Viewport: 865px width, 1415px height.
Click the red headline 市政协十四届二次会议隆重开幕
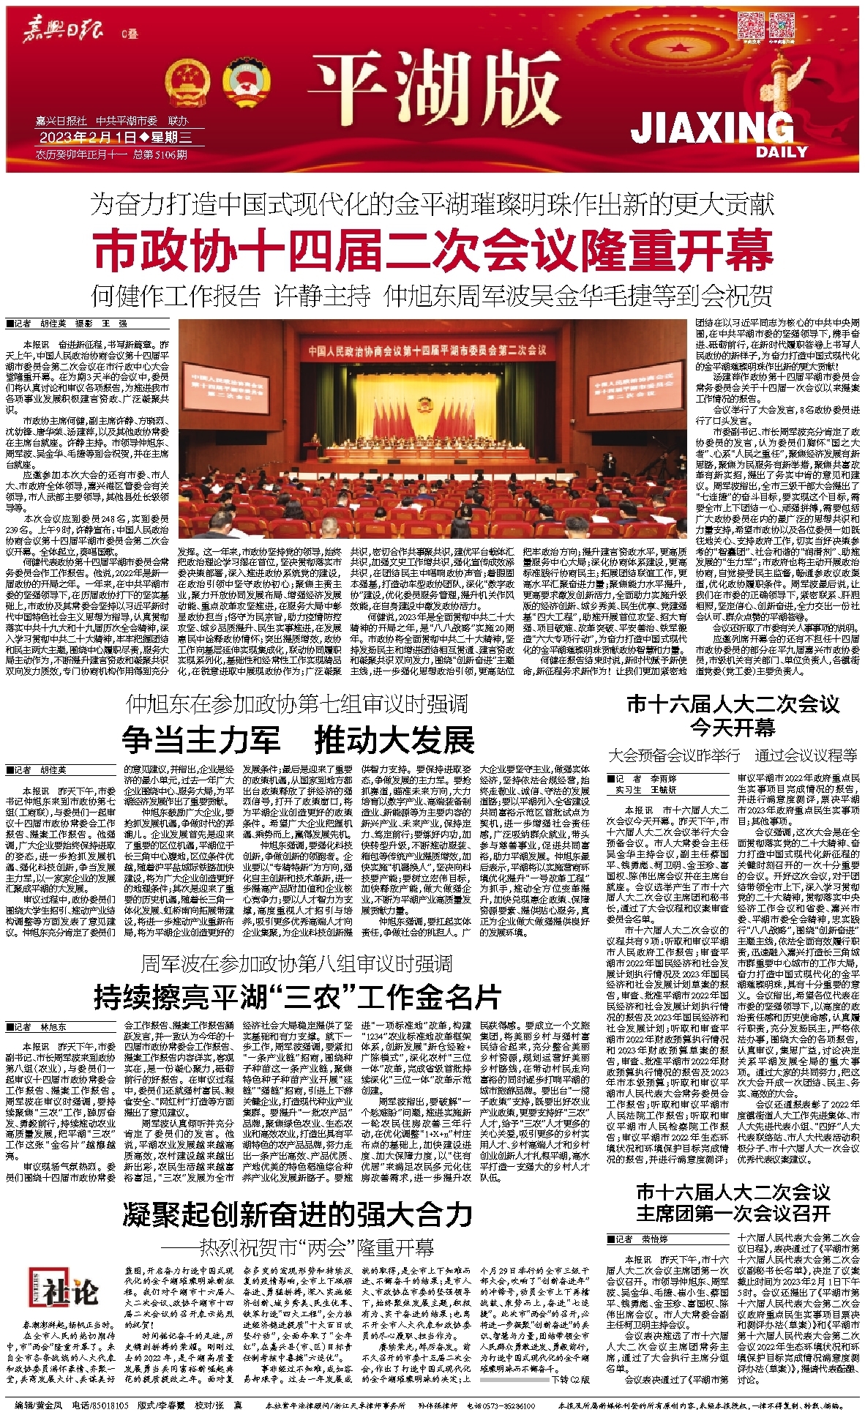[433, 249]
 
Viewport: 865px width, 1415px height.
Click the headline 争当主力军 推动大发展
[298, 740]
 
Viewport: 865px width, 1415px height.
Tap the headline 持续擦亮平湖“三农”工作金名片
[297, 996]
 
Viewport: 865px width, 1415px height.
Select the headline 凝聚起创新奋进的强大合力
[297, 1214]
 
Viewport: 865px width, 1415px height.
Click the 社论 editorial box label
[70, 1291]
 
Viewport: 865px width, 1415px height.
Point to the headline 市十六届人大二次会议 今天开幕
[733, 715]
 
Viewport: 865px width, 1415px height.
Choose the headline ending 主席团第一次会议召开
[733, 1213]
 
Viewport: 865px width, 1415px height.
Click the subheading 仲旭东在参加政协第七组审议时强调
[296, 704]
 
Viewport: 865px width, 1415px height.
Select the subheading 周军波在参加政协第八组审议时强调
[296, 963]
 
